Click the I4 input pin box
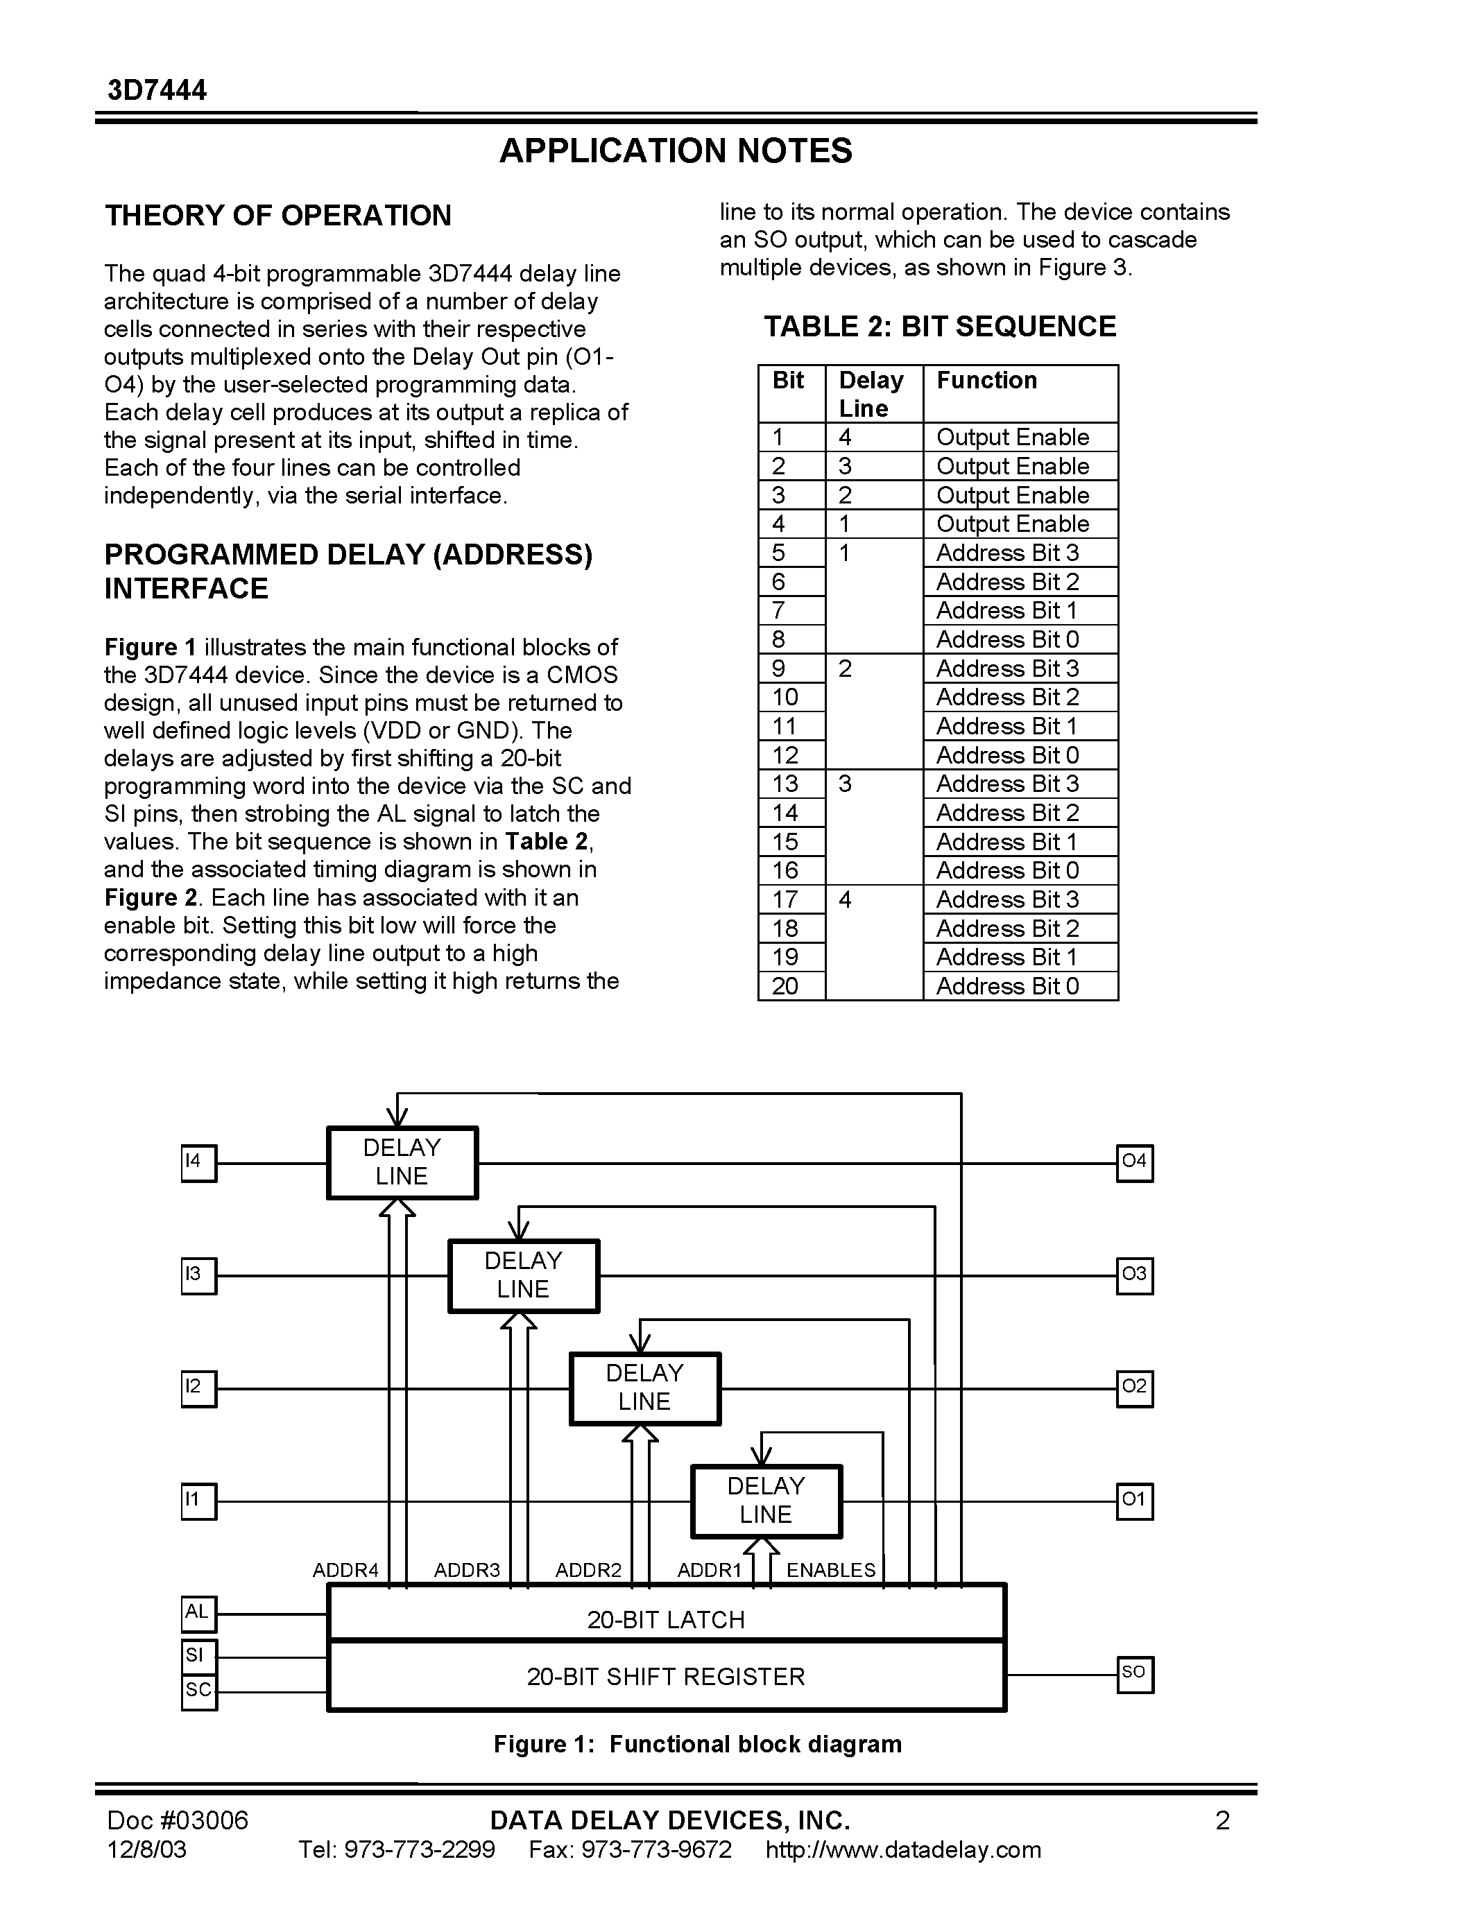[198, 1163]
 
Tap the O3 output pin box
[1134, 1276]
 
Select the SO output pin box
[1134, 1675]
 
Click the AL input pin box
[198, 1614]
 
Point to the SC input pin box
[198, 1692]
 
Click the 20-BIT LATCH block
[667, 1621]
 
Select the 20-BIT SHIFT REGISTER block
[667, 1677]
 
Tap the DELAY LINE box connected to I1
[766, 1501]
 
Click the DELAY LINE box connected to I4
[402, 1163]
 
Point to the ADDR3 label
[468, 1571]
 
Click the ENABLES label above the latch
[830, 1571]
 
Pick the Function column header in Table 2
[987, 381]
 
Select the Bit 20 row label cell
[785, 987]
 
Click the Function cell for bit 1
[1013, 438]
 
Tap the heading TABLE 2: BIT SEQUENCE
[940, 327]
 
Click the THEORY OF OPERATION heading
[277, 216]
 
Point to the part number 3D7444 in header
[157, 91]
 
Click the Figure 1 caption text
[697, 1745]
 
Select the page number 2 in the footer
[1222, 1820]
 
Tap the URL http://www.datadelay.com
[903, 1850]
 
